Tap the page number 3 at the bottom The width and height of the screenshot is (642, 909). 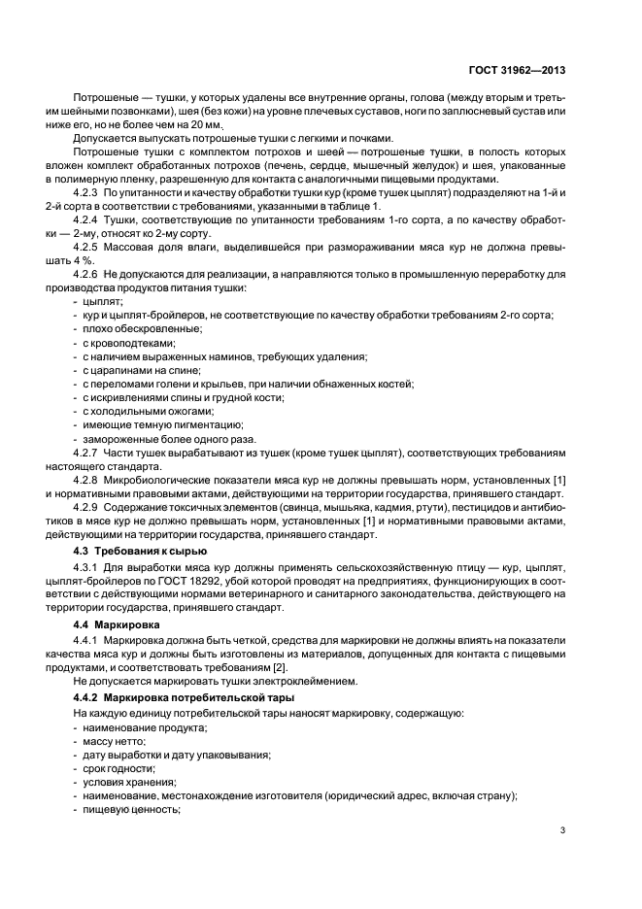point(563,828)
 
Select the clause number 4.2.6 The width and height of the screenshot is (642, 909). point(89,275)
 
